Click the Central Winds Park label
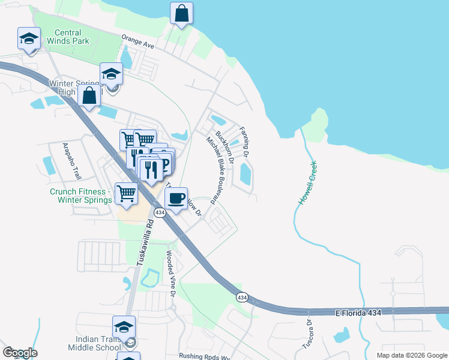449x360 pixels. click(x=71, y=37)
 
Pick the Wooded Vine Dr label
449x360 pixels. click(x=170, y=274)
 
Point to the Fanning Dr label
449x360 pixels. click(x=244, y=142)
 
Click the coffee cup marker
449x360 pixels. click(x=175, y=198)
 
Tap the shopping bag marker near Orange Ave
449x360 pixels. click(x=181, y=13)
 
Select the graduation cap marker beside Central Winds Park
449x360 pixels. click(x=28, y=38)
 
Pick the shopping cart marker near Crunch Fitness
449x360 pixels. click(x=126, y=193)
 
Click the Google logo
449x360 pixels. click(x=20, y=353)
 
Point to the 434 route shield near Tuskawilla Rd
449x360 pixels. click(x=159, y=213)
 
